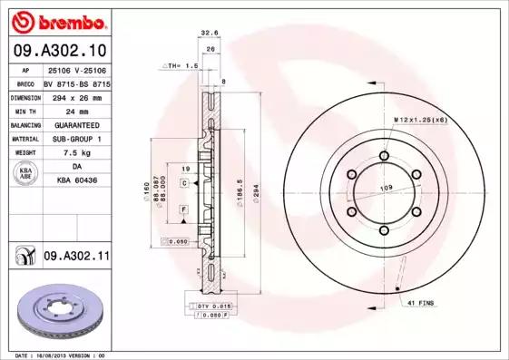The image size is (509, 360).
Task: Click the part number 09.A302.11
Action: pyautogui.click(x=76, y=257)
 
